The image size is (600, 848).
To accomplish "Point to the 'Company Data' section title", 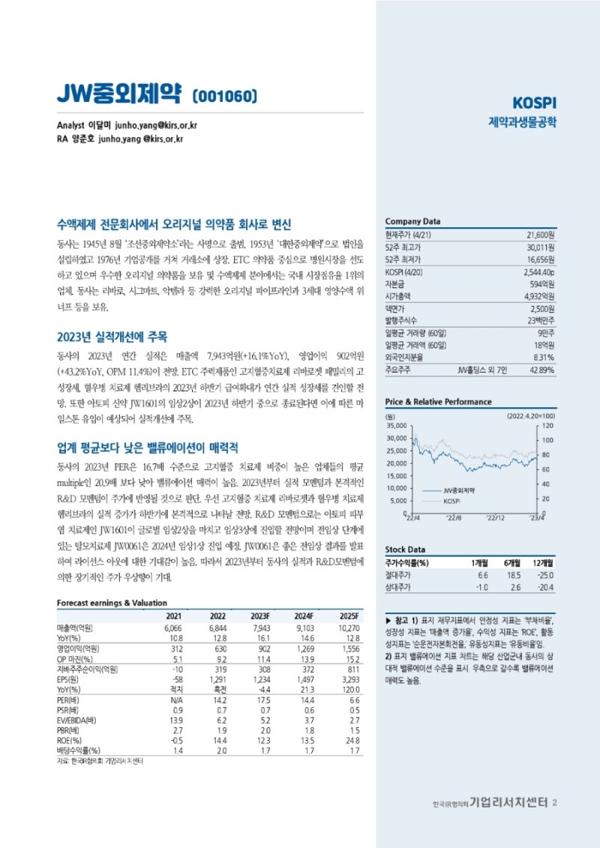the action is pos(412,221).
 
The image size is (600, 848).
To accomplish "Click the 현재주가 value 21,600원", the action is pos(539,235).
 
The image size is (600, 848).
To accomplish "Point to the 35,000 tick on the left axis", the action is pos(395,425).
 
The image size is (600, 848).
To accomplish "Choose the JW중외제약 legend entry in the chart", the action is pos(460,489).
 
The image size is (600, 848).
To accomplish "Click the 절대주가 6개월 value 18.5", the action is pos(512,575).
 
